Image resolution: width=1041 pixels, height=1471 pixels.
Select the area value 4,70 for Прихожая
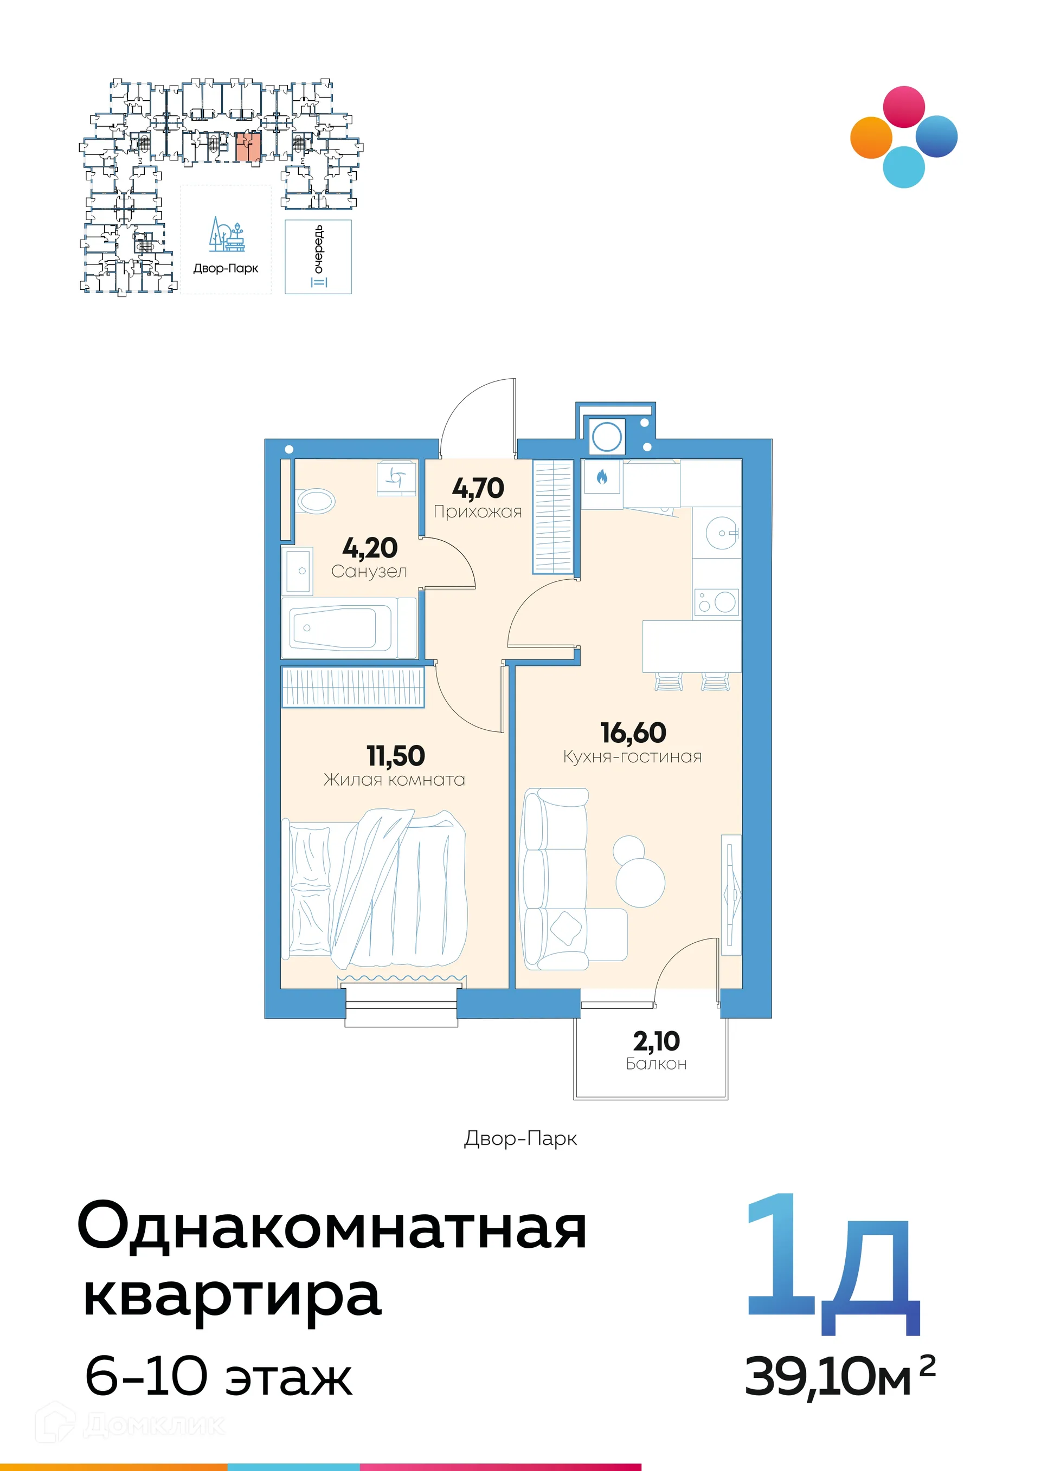478,488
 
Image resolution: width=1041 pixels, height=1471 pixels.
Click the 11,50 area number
395,756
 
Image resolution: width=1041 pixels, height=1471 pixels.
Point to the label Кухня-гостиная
632,757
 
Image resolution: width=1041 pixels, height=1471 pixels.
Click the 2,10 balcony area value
657,1041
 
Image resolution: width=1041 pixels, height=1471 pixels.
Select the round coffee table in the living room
640,882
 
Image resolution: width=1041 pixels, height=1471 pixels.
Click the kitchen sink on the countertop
722,533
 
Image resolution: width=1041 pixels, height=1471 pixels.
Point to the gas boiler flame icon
602,477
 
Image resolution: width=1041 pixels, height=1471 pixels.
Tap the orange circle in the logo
871,137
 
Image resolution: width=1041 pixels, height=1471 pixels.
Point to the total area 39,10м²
839,1376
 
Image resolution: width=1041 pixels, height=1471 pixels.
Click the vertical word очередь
319,249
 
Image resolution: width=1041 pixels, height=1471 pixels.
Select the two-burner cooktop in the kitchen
717,603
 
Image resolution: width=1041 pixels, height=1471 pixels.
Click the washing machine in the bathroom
397,478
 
